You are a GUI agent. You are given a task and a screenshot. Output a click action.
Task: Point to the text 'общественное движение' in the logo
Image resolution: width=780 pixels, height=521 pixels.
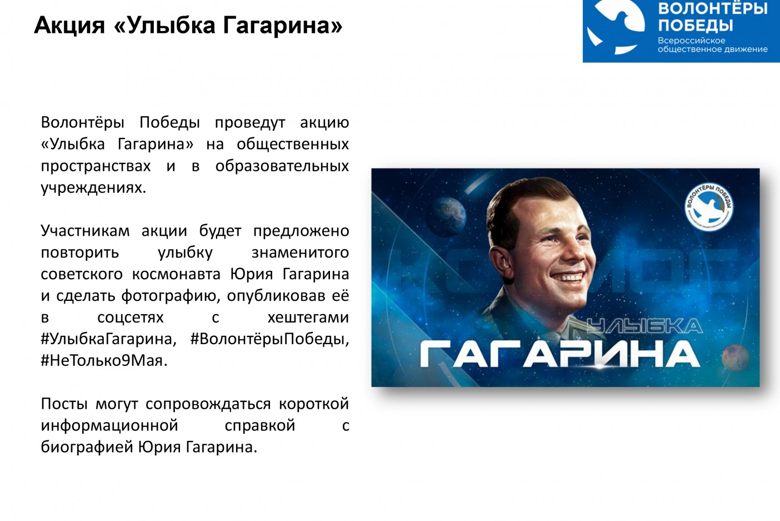tap(712, 49)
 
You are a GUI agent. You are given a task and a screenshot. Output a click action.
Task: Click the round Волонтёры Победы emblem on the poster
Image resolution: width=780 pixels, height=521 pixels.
tap(709, 207)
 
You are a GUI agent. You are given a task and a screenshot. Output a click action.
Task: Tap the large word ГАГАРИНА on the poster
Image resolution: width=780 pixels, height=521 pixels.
tap(560, 354)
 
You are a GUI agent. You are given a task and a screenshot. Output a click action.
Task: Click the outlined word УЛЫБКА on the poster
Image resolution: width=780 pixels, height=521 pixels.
tap(644, 326)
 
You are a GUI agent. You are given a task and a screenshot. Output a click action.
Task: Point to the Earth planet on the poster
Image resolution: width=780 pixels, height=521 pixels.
tap(446, 216)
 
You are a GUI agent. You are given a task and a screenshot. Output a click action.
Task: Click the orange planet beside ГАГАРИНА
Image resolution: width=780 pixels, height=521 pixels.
tap(736, 358)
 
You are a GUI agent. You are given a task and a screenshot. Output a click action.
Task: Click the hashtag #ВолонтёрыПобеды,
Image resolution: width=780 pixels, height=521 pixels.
tap(269, 339)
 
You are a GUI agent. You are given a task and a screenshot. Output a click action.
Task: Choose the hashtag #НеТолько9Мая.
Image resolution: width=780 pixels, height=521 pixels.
tap(104, 360)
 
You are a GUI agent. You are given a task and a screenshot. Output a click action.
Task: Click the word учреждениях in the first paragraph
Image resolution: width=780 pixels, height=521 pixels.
tap(93, 188)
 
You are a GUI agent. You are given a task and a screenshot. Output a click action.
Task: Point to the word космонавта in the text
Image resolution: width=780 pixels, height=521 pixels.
tap(176, 274)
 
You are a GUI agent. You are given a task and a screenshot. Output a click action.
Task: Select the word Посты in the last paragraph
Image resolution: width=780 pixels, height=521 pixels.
tap(64, 404)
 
